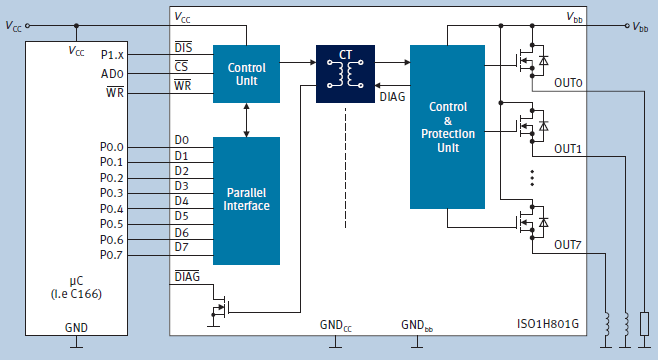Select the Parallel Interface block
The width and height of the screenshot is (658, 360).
click(246, 199)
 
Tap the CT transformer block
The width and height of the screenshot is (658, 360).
click(345, 71)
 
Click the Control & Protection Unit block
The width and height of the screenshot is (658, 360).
click(447, 127)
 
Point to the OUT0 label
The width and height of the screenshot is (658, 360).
click(569, 84)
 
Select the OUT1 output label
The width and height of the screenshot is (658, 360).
click(569, 148)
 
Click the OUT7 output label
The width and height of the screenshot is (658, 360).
click(569, 245)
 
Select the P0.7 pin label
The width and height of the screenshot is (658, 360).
click(112, 255)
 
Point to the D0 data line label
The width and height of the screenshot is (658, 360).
click(181, 140)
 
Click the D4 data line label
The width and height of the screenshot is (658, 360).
click(181, 201)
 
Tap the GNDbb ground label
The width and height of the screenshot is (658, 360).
click(417, 325)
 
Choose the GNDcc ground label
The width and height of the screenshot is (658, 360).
click(336, 325)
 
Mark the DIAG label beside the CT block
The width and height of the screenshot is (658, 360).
click(393, 97)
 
